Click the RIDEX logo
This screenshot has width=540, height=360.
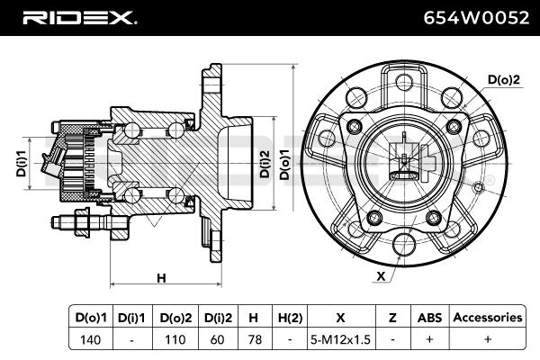[78, 17]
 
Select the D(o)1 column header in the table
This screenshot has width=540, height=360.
[89, 317]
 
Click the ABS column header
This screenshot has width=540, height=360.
[428, 317]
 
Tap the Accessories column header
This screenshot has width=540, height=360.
[487, 317]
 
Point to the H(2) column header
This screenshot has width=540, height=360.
[290, 317]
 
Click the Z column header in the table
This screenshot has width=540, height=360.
[392, 317]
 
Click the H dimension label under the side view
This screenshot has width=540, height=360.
[162, 278]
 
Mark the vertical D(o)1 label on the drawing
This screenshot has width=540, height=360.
[285, 162]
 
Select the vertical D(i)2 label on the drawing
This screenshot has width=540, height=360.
[265, 162]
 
